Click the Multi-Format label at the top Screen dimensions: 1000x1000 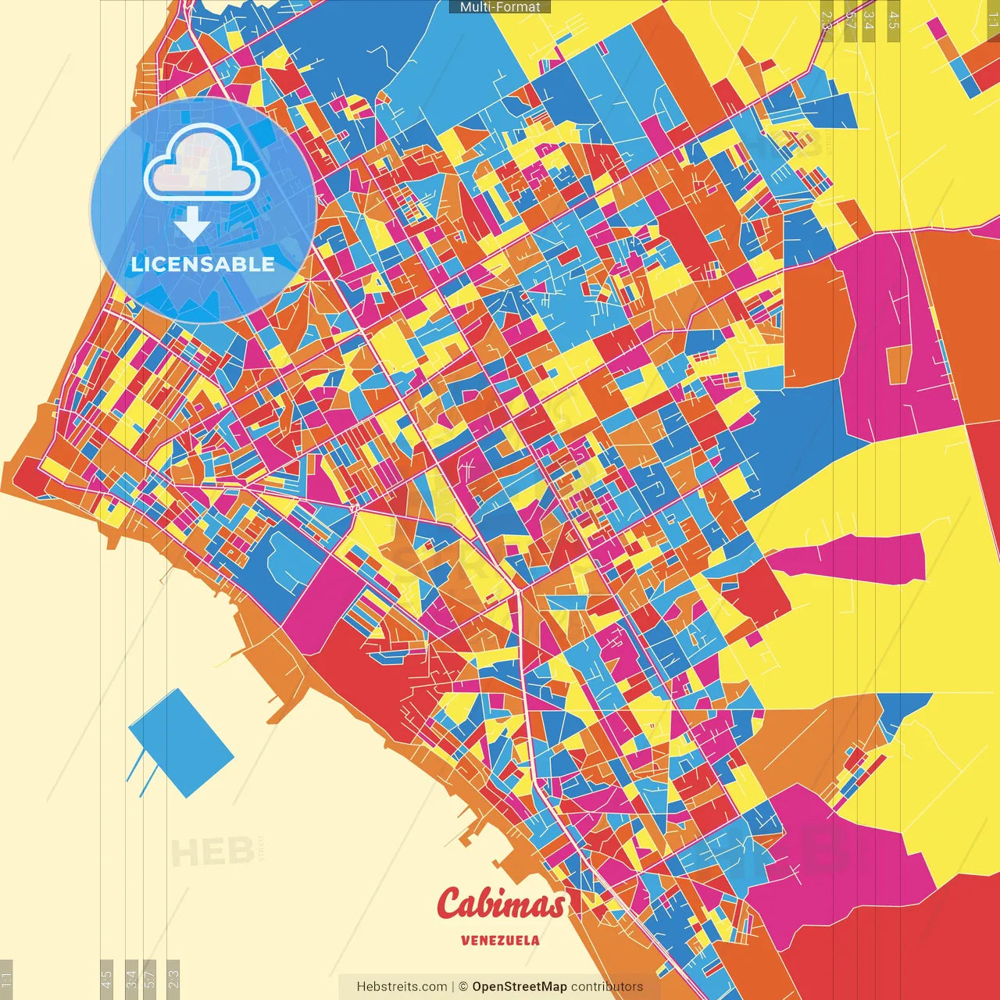tap(500, 7)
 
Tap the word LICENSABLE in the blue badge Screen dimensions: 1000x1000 tap(203, 264)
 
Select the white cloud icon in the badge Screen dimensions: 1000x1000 tap(202, 162)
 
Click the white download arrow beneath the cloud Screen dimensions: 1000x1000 tap(192, 225)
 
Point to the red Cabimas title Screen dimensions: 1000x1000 tap(501, 905)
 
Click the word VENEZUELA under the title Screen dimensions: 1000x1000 tap(500, 941)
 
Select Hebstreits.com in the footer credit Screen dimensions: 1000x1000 tap(402, 987)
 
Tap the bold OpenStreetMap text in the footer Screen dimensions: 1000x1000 tap(520, 987)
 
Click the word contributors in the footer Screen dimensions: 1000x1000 tap(607, 987)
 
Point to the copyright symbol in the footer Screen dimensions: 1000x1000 tap(462, 987)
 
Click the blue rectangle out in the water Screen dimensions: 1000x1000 tap(181, 742)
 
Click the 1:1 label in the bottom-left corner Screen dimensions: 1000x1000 tap(6, 978)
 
